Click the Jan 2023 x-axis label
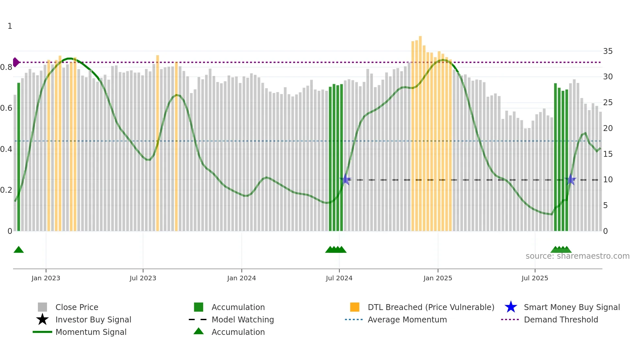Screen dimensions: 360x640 point(46,278)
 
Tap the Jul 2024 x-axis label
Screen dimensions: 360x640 point(339,278)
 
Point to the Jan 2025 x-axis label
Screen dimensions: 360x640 point(438,278)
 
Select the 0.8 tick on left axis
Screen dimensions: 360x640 point(6,67)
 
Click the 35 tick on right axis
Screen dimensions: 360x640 point(608,51)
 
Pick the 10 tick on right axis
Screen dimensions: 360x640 point(608,180)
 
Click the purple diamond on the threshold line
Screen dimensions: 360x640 point(16,62)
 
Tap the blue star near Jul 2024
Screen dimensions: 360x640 point(345,180)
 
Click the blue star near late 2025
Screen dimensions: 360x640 point(570,180)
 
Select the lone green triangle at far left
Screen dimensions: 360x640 point(19,250)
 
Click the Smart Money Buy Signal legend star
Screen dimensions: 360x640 point(511,307)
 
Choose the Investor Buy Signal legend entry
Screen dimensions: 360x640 point(93,319)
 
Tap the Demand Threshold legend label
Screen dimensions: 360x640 point(561,319)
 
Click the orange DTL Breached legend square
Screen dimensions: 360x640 point(355,307)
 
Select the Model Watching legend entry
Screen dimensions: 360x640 point(242,319)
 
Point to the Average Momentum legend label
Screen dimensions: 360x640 point(407,319)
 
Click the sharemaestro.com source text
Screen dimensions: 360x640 point(577,256)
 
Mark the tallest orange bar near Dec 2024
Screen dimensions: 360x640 point(420,131)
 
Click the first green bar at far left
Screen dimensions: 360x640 point(19,157)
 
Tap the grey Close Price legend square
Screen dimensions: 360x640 point(42,307)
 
